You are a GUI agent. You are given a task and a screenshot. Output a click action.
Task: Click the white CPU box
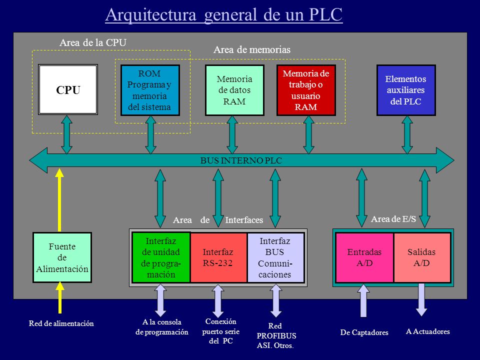pos(68,89)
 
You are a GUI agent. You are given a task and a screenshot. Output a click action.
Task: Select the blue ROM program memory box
pos(150,90)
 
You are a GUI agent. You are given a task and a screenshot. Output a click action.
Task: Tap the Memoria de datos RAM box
pos(234,90)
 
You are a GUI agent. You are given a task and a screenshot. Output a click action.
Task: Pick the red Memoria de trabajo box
pos(306,90)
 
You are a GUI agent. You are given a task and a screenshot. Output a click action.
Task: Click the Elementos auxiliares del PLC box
pos(406,90)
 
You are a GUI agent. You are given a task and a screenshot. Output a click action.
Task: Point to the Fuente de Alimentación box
pos(62,257)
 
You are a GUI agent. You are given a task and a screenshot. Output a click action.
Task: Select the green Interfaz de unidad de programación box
pos(161,257)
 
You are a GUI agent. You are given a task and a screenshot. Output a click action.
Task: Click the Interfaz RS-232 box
pos(218,257)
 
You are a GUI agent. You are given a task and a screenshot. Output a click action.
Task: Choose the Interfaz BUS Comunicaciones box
pos(275,257)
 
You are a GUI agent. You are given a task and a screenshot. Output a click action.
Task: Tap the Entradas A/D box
pos(364,257)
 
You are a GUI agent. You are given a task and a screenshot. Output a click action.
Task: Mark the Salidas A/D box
pos(422,257)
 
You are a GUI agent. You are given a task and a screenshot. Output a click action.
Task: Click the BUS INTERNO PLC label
pos(241,160)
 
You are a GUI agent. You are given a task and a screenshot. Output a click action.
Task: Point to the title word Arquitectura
pos(150,14)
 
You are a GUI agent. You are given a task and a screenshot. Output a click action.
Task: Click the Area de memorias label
pos(252,49)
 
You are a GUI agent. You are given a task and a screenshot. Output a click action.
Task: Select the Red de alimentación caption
pos(61,323)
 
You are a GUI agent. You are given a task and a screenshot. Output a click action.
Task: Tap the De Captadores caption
pos(364,332)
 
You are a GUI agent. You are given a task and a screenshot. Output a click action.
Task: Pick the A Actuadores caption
pos(427,331)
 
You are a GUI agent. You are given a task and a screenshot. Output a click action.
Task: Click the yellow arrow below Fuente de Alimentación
pos(60,297)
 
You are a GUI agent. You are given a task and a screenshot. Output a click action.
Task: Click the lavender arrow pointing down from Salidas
pos(421,299)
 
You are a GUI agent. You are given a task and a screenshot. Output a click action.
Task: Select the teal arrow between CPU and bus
pos(66,134)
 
